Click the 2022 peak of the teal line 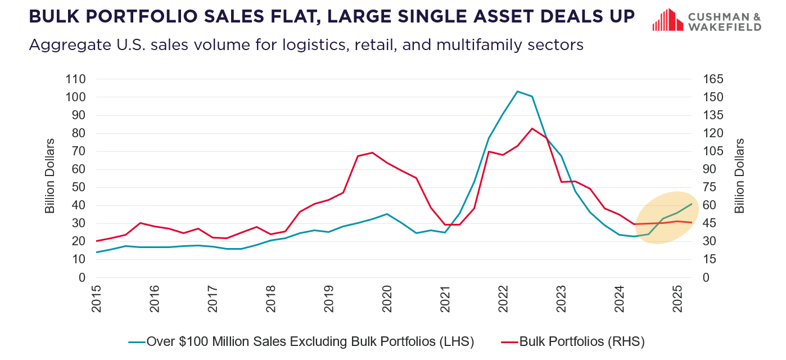click(x=517, y=91)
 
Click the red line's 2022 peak click(x=532, y=128)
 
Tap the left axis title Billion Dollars click(x=50, y=176)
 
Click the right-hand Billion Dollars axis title click(x=739, y=176)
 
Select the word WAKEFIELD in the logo click(x=725, y=27)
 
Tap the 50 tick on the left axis click(x=79, y=187)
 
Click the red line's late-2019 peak click(x=372, y=152)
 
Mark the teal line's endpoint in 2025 click(x=691, y=204)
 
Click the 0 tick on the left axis click(x=82, y=277)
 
